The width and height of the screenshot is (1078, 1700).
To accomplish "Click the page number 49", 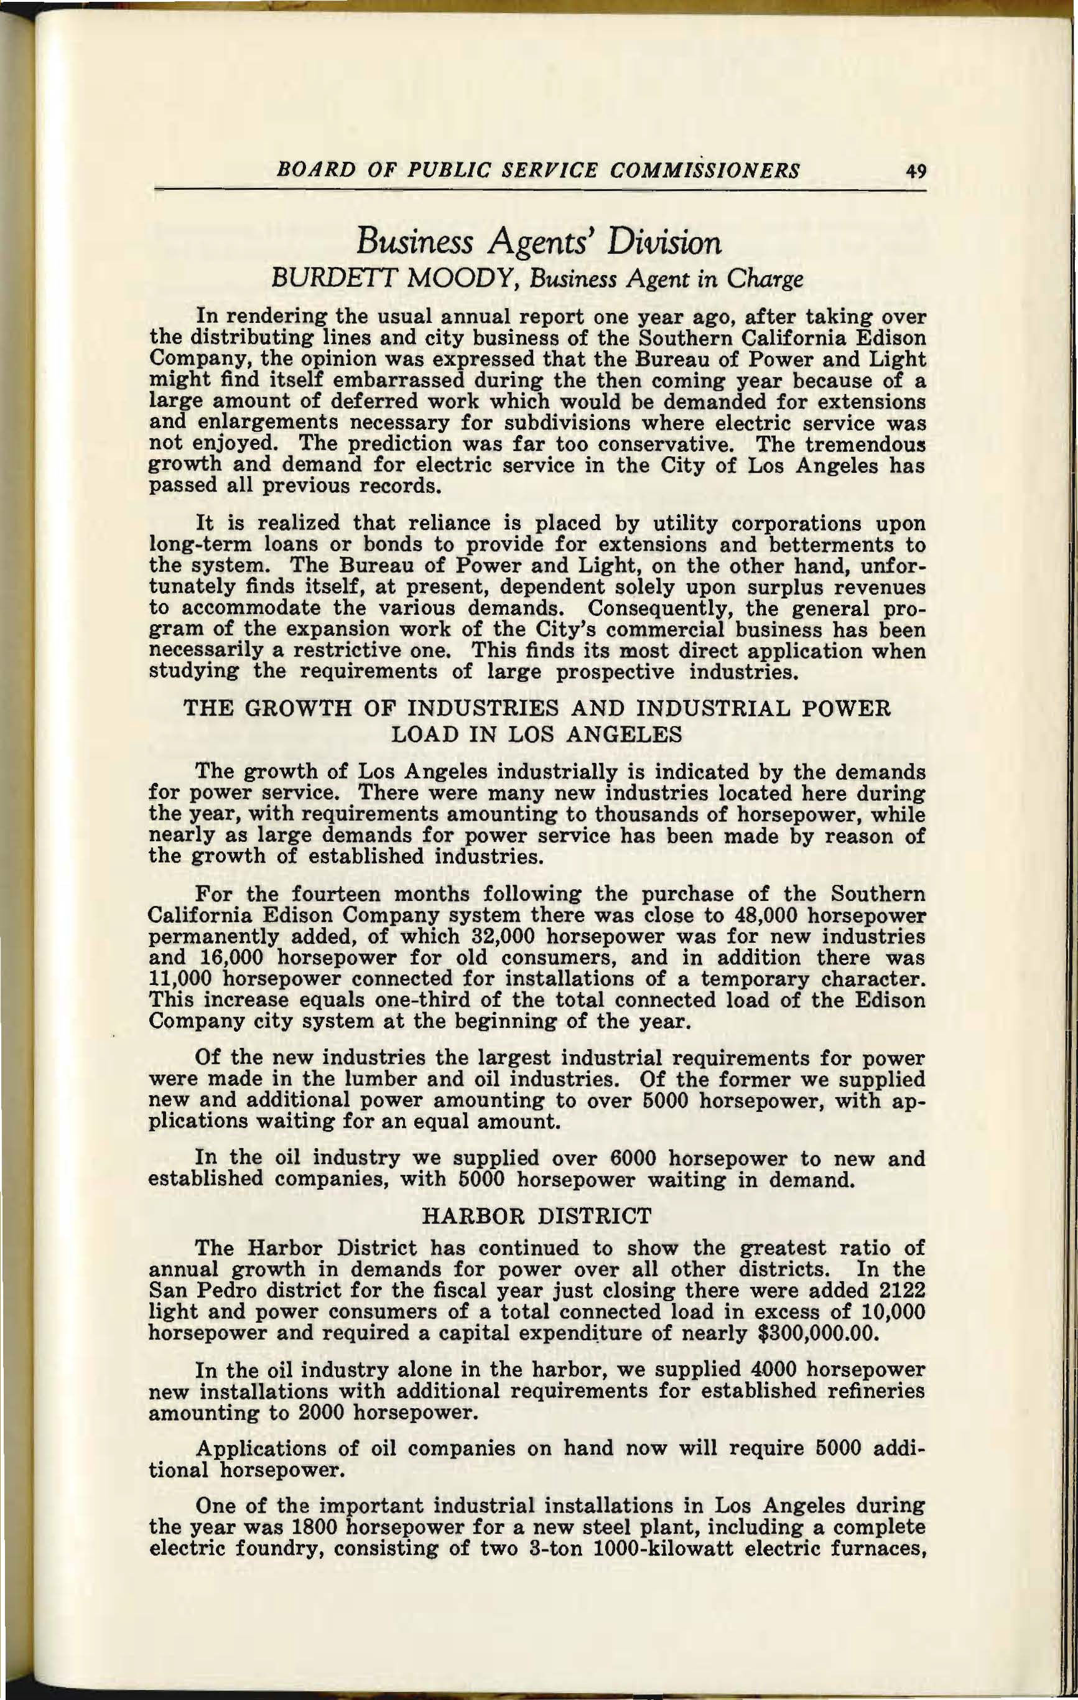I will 911,172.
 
